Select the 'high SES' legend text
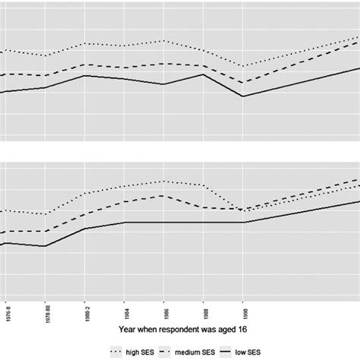[x=143, y=352]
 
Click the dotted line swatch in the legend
[x=116, y=352]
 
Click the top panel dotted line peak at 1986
[x=164, y=40]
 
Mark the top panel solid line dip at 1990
[x=243, y=96]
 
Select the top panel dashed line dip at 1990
[x=243, y=83]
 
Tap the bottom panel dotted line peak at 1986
[x=164, y=181]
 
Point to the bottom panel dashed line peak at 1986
[x=164, y=195]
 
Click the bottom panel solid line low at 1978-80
[x=46, y=246]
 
